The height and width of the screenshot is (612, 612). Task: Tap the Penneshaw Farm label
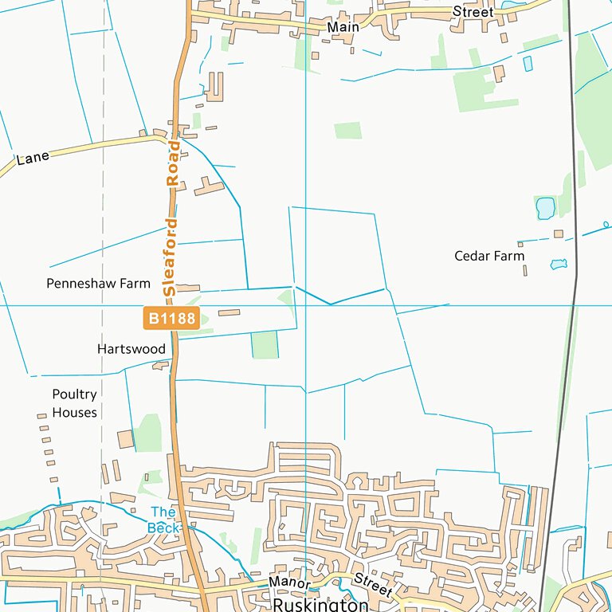[98, 284]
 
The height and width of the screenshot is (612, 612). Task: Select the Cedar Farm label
[489, 256]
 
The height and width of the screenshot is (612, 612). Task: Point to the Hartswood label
[131, 349]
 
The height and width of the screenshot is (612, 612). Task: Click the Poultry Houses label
[74, 403]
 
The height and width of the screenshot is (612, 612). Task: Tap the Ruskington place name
[320, 605]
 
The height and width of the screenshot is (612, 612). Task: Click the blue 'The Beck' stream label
[163, 520]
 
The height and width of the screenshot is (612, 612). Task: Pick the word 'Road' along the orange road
[172, 164]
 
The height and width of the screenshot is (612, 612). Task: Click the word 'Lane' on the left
[33, 158]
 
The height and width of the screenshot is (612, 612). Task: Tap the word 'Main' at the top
[343, 26]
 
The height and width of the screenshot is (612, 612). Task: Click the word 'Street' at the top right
[473, 12]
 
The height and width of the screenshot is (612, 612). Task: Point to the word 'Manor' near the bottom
[288, 583]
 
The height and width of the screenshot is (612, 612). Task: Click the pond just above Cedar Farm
[545, 208]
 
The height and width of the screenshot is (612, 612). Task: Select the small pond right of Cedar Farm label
[558, 264]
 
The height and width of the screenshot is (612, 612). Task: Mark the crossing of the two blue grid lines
[306, 305]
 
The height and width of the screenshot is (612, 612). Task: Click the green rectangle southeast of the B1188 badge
[264, 345]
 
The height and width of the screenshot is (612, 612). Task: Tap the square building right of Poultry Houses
[125, 440]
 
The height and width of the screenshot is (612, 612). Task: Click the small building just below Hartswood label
[161, 366]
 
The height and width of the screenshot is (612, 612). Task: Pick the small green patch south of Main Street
[347, 131]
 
